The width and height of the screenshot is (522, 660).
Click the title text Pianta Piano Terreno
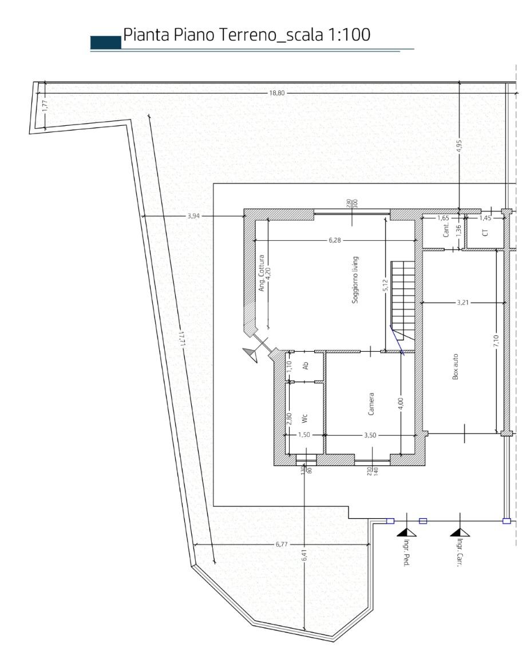pos(199,34)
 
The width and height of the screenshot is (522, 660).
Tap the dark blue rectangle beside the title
pos(106,42)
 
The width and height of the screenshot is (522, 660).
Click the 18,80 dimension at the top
pos(277,93)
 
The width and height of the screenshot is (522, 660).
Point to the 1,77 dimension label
pos(45,105)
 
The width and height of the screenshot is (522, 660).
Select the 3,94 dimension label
pos(194,216)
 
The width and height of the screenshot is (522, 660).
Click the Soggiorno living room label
pos(355,280)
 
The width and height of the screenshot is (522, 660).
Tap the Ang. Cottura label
pos(261,273)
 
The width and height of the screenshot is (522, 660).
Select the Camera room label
pos(371,404)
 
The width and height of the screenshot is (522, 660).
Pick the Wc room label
pos(304,419)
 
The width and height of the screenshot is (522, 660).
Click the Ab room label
pos(306,366)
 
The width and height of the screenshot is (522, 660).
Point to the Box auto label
pos(456,367)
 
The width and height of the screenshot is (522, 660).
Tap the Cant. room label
pos(446,230)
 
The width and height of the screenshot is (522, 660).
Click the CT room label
pos(485,232)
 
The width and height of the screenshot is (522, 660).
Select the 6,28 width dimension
pos(334,240)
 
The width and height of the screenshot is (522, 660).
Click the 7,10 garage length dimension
pos(496,340)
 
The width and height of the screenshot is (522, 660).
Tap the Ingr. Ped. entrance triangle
pos(406,533)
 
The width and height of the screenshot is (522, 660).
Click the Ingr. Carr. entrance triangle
pos(460,533)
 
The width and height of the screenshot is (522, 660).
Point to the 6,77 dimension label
pos(282,544)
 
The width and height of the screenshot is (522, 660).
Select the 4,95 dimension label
pos(459,148)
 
